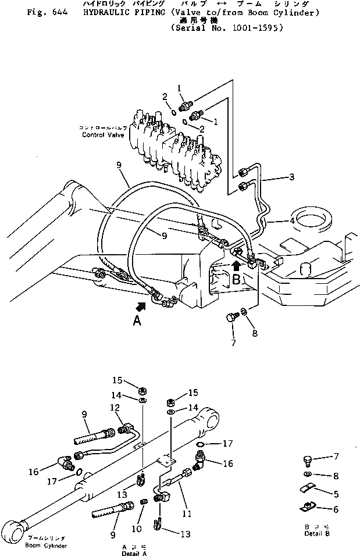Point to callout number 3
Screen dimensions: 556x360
click(x=292, y=176)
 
